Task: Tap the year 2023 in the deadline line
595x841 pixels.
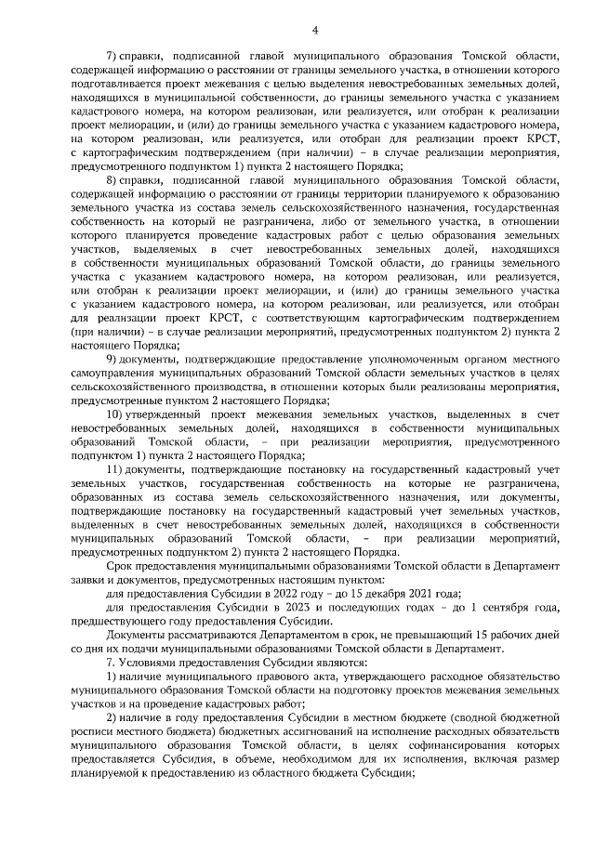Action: pos(257,608)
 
